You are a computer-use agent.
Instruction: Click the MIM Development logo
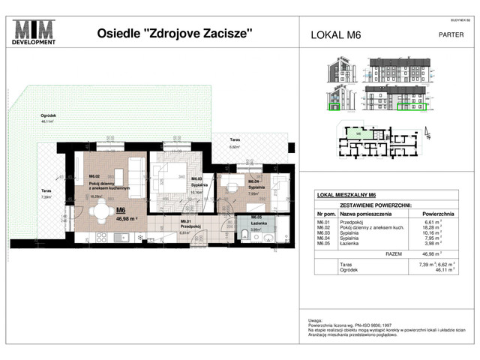tap(35, 32)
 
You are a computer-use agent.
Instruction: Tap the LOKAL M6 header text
tap(334, 34)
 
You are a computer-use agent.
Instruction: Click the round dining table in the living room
tap(102, 215)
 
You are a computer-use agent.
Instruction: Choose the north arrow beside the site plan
tap(427, 135)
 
